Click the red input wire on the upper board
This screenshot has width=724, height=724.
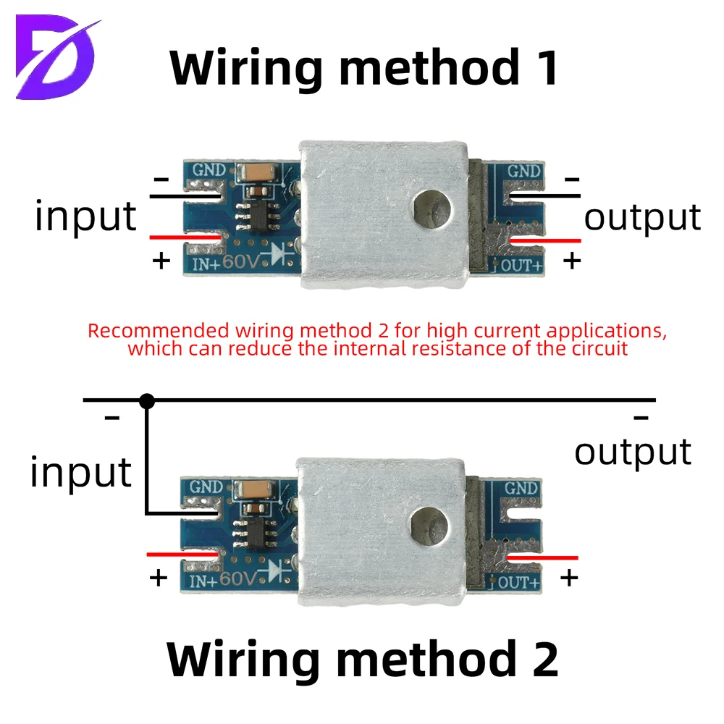click(x=185, y=237)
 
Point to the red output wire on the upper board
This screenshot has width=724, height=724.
click(x=545, y=240)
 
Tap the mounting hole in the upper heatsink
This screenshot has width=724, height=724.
click(x=432, y=209)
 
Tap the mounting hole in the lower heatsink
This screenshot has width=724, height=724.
click(x=429, y=526)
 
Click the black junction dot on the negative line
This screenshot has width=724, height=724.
click(x=147, y=401)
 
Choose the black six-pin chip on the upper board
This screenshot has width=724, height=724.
click(x=258, y=215)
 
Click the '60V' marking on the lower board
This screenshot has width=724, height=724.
click(x=237, y=578)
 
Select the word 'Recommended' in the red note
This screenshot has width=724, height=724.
click(x=159, y=331)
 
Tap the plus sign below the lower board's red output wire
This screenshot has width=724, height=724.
click(x=569, y=578)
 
